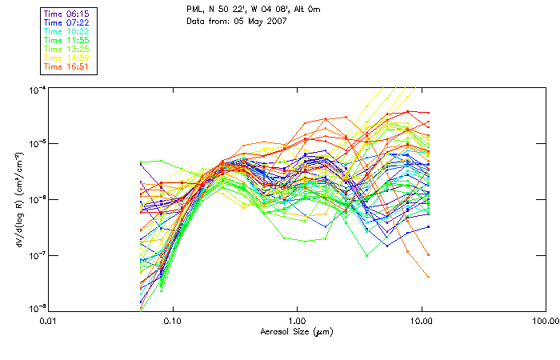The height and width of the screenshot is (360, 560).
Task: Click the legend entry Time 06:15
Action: click(x=67, y=13)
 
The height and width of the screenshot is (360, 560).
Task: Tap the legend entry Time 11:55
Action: click(x=67, y=39)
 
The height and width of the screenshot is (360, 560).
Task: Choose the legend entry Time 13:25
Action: click(x=67, y=49)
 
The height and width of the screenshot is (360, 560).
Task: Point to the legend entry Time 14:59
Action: click(x=67, y=58)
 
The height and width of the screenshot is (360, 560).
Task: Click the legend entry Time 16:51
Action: click(x=67, y=66)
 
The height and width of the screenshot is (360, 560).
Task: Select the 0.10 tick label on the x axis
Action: click(x=173, y=322)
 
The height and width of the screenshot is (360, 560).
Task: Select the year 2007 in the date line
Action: click(x=274, y=21)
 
